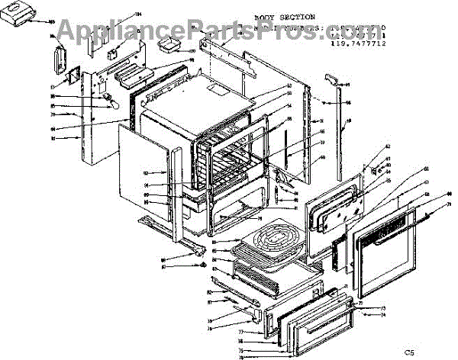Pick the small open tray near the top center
tap(171, 48)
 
